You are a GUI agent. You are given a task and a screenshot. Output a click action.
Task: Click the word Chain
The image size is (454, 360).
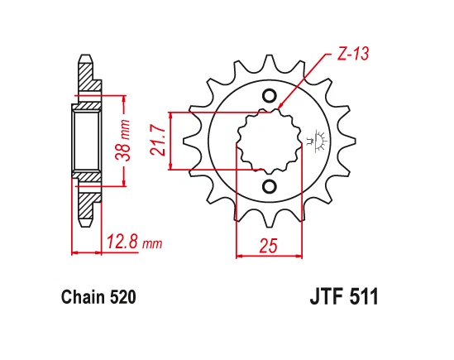click(x=79, y=296)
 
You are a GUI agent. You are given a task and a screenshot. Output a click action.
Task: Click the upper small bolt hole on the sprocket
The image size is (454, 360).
click(x=270, y=96)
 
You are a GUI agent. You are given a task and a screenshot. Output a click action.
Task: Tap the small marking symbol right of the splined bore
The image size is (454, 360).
click(x=314, y=141)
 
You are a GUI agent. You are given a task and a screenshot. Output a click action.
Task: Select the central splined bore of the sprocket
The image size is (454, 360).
click(x=270, y=140)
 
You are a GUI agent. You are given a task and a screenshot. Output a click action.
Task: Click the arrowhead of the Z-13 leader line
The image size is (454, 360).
click(x=281, y=107)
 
